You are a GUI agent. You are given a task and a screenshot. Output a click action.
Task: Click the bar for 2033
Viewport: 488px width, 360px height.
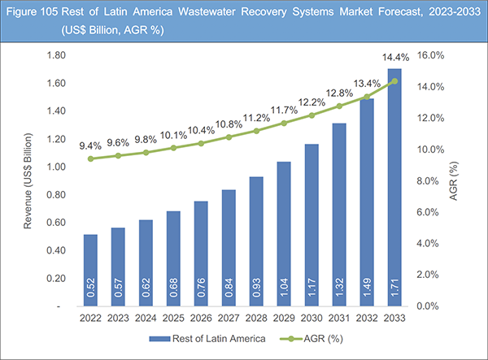394,188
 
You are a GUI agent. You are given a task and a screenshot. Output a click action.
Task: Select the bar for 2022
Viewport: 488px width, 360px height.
90,271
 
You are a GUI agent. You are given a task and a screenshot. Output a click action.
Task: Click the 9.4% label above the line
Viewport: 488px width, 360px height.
90,145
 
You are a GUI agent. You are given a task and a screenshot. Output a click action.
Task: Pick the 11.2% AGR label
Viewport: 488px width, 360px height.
257,116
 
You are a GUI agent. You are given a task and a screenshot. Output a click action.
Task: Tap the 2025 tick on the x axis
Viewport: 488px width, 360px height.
173,319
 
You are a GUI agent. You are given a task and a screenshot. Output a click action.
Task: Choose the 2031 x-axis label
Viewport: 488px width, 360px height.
339,319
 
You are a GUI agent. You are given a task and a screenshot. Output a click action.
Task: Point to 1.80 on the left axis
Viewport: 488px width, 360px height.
56,55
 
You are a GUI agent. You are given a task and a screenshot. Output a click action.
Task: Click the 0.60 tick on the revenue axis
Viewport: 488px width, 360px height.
56,223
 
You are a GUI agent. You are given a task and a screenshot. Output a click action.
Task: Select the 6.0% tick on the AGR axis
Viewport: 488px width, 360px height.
428,213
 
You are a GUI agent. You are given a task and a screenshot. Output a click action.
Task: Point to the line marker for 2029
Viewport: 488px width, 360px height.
284,124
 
